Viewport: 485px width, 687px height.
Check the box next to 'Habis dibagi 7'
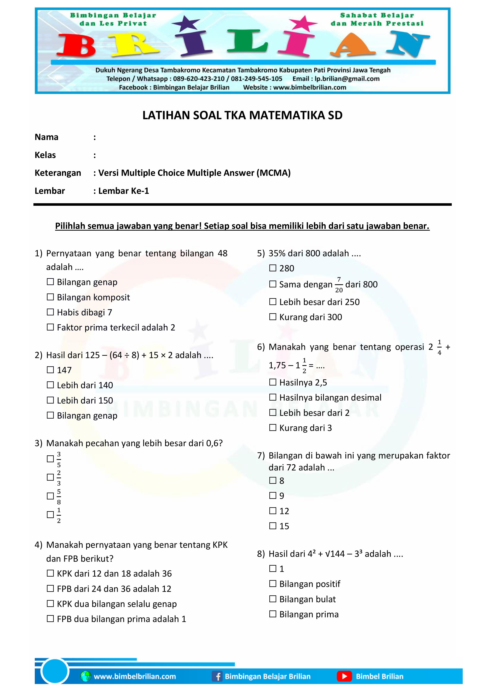click(50, 312)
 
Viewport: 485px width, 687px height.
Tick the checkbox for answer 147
click(50, 370)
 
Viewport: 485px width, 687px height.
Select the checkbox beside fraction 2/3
click(50, 477)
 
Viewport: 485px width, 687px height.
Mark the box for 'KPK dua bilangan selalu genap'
click(50, 604)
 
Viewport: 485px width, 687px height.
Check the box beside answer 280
click(273, 268)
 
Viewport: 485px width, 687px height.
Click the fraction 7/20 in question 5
click(339, 284)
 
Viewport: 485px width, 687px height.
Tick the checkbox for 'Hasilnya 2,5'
click(273, 382)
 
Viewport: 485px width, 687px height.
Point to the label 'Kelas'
click(45, 155)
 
